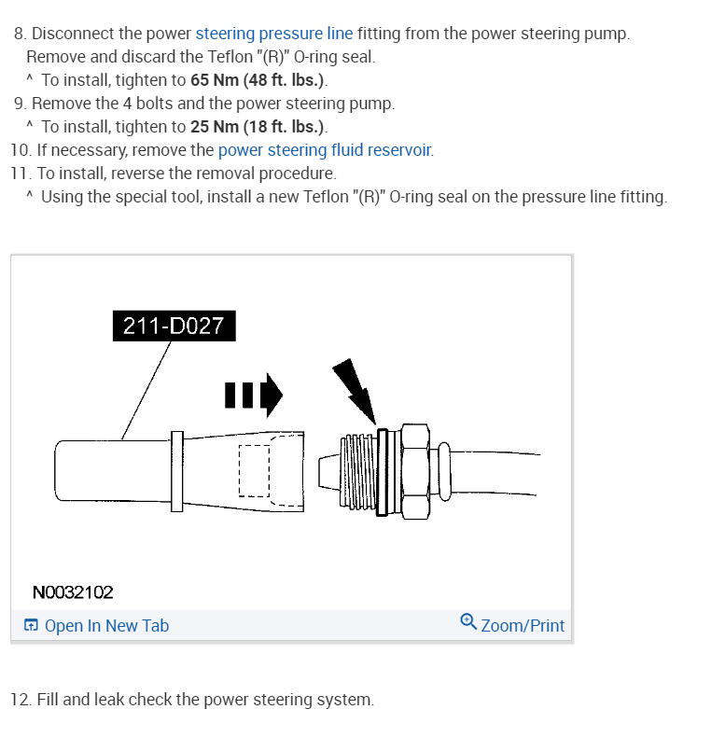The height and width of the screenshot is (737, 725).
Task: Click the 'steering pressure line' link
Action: tap(274, 34)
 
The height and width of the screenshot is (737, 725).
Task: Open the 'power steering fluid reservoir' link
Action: tap(325, 150)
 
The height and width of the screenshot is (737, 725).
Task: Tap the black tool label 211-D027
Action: tap(174, 327)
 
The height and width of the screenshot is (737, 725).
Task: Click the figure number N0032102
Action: tap(73, 591)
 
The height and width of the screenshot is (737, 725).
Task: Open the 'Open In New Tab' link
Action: tap(106, 626)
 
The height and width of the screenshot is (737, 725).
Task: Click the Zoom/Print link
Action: tap(523, 626)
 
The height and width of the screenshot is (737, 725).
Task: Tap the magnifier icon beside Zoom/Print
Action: tap(468, 622)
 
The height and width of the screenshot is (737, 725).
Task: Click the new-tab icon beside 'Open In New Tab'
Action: tap(32, 626)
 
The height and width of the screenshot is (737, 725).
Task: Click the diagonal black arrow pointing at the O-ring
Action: tap(355, 390)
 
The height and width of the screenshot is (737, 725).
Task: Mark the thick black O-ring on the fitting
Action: tap(381, 471)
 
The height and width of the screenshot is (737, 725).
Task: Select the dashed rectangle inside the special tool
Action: tap(254, 470)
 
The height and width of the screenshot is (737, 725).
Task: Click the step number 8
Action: tap(20, 34)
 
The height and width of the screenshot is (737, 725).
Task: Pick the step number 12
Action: tap(20, 700)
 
